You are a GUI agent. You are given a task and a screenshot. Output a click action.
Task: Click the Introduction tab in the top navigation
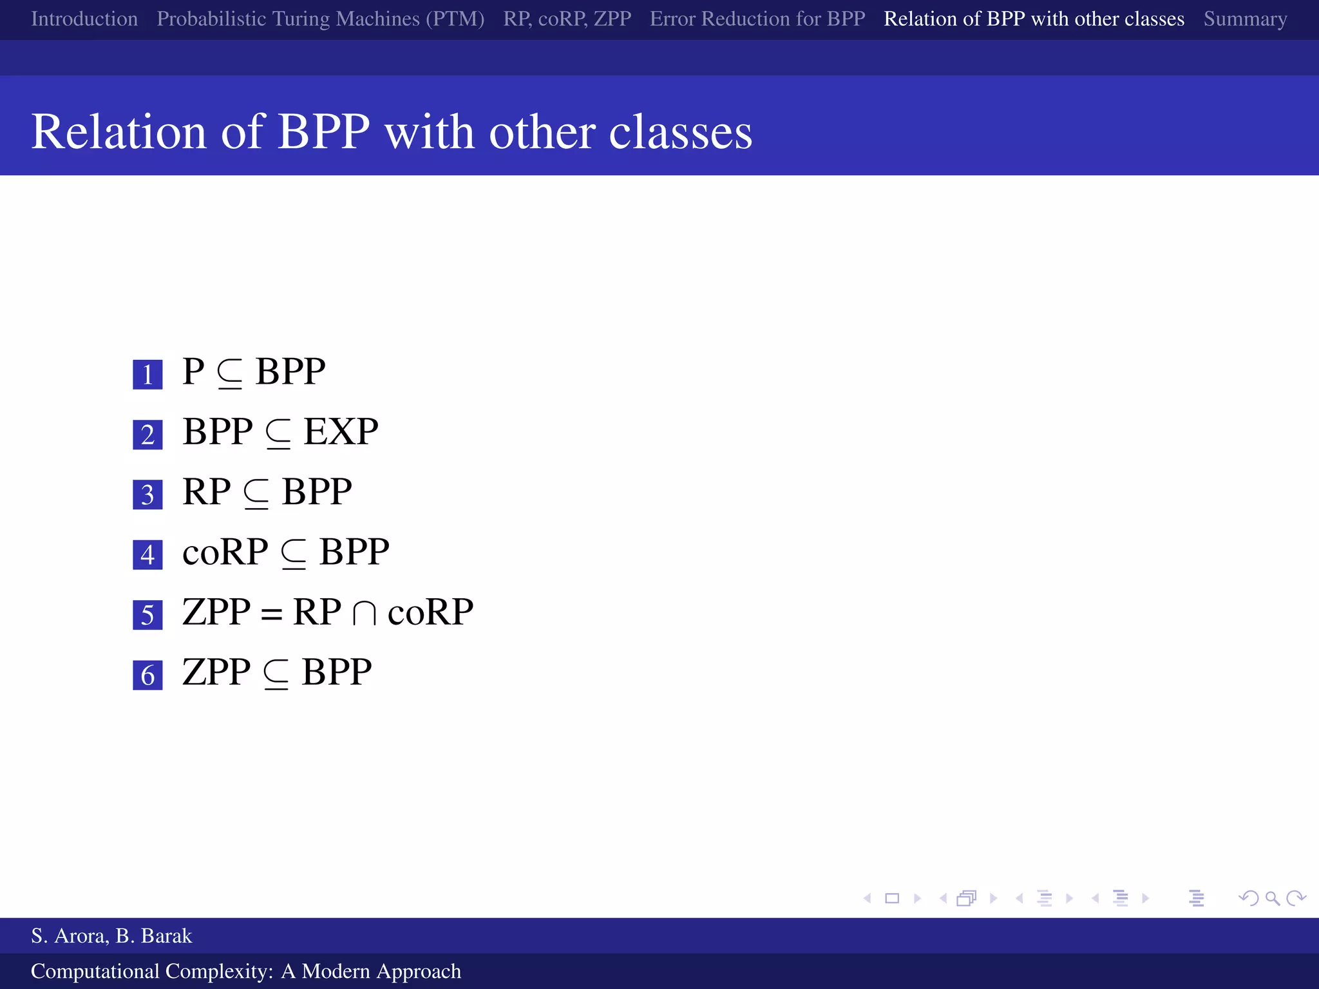[84, 19]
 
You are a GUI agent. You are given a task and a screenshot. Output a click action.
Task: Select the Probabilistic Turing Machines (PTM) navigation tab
[320, 19]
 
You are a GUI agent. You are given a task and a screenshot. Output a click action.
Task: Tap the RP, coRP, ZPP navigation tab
[567, 19]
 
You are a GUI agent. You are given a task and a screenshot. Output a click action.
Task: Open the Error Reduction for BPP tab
[757, 19]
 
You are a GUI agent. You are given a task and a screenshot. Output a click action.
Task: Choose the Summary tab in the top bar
[1245, 19]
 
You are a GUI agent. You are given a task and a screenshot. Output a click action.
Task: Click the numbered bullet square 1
[147, 374]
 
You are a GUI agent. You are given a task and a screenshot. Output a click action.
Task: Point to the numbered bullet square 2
[147, 435]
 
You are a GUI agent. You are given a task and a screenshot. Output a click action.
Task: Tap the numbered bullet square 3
[147, 494]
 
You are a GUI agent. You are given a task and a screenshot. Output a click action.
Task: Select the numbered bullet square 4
[147, 554]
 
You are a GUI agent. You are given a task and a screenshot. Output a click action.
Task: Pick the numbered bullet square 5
[147, 615]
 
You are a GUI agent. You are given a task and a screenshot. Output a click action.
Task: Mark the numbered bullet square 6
[147, 675]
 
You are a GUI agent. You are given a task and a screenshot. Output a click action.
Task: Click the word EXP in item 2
[341, 431]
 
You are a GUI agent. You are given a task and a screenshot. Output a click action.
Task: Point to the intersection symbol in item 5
[364, 614]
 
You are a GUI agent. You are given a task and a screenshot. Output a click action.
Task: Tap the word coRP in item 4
[225, 552]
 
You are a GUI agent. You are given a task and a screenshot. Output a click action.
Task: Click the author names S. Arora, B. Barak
[111, 936]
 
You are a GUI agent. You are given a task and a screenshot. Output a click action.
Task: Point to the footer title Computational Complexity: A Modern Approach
[246, 971]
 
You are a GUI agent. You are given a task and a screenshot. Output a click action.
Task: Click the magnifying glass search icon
[1272, 898]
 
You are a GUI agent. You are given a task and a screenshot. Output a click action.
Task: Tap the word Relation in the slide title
[119, 132]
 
